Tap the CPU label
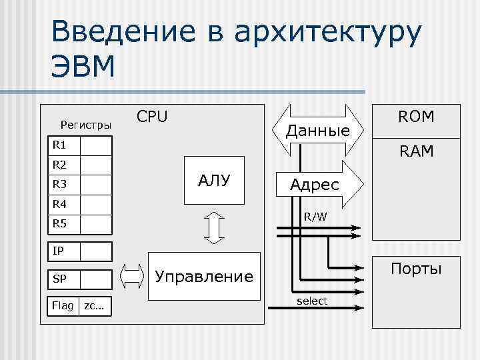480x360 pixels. tap(152, 117)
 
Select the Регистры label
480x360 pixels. tap(86, 124)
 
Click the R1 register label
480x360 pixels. tap(59, 145)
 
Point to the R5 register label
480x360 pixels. tap(59, 223)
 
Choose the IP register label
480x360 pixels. tap(59, 251)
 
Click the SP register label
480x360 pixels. tap(59, 278)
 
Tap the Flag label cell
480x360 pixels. tap(63, 305)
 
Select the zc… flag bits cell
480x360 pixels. tap(94, 305)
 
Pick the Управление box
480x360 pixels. tap(204, 276)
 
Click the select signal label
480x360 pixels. tap(312, 301)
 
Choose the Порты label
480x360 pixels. tap(416, 270)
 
